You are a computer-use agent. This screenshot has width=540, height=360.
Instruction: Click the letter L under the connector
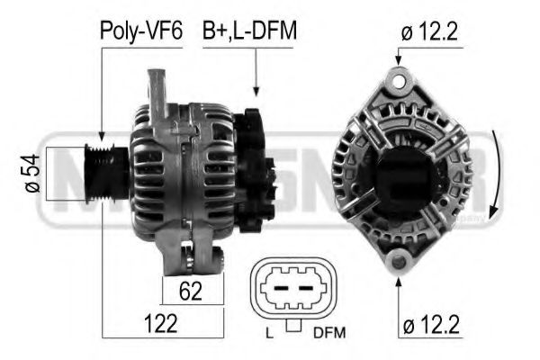[x=268, y=334]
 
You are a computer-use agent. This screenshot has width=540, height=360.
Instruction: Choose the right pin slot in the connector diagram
[x=308, y=289]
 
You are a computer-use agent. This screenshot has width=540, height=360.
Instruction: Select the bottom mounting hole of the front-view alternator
[x=397, y=262]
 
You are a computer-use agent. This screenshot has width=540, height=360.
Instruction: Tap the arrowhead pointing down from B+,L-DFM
[x=256, y=89]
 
